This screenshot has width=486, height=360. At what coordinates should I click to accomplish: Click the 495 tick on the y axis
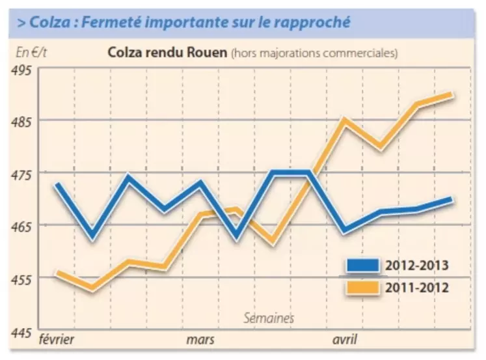(23, 70)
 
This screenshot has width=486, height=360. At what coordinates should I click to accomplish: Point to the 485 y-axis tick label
(23, 121)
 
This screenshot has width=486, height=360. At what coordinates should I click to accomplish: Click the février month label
(57, 340)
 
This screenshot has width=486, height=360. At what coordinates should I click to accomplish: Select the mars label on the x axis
(200, 340)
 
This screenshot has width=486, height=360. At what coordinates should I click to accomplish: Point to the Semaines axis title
(269, 318)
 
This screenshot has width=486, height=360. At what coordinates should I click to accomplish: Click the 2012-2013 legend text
(417, 265)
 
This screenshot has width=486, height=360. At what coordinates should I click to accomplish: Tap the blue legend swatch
(362, 265)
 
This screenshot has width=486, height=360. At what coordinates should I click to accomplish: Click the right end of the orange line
(452, 95)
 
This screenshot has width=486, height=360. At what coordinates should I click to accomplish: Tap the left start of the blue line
(57, 184)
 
